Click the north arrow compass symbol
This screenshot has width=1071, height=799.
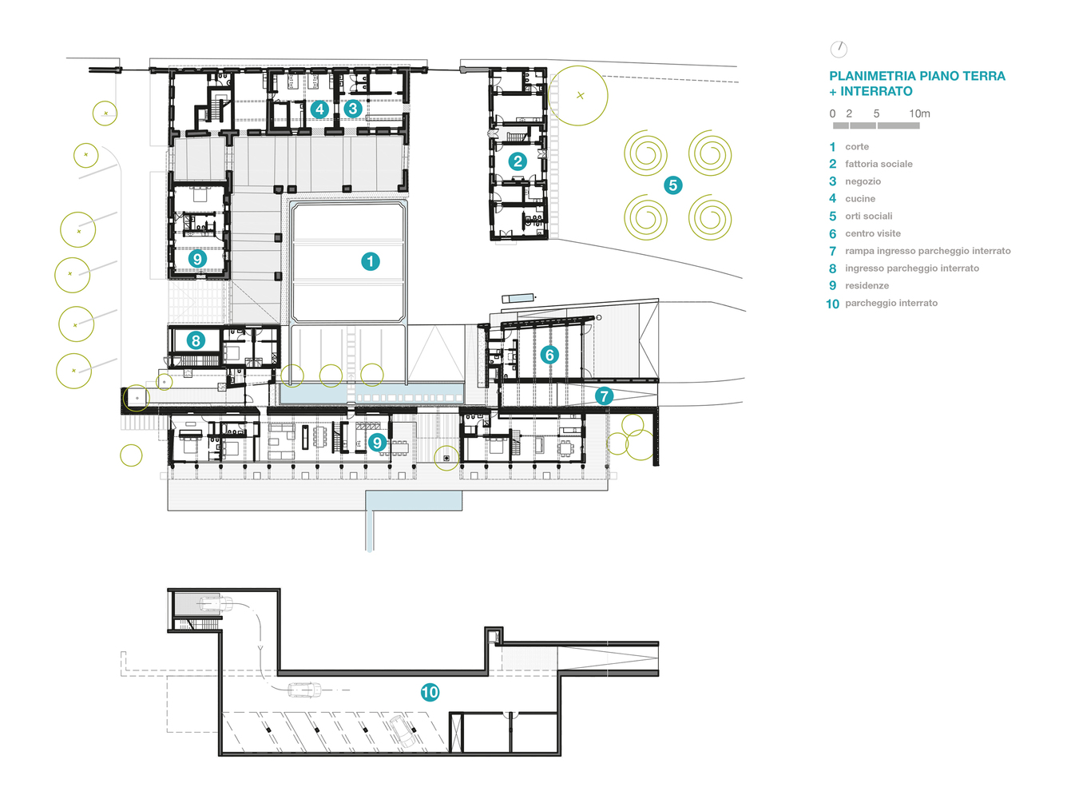point(839,50)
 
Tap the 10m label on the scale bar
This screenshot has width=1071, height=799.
point(919,113)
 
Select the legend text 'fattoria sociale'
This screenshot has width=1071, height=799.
point(879,164)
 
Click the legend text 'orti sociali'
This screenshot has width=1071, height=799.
point(868,217)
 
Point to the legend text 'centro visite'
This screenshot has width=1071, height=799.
point(873,233)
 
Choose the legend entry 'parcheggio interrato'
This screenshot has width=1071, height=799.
point(891,303)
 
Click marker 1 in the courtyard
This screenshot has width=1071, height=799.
point(371,261)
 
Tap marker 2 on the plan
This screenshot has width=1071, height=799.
point(518,161)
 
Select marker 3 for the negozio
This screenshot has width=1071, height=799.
point(353,109)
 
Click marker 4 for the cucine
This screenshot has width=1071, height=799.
point(319,109)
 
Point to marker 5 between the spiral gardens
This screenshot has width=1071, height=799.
point(672,185)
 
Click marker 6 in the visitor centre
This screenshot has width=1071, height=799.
point(549,355)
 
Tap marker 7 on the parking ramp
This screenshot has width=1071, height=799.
point(604,396)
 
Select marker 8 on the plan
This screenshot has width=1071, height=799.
point(196,340)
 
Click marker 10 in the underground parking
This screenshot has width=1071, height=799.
point(430,692)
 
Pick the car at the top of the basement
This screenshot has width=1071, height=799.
point(215,604)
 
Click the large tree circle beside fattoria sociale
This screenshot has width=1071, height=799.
point(578,96)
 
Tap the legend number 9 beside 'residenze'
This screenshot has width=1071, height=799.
point(832,286)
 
